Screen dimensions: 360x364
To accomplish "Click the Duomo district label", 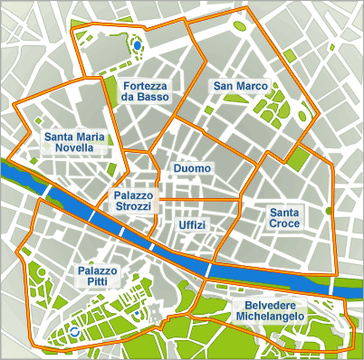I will click(192, 168).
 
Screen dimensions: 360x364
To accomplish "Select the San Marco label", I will click(239, 86).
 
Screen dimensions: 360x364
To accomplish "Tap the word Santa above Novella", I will click(58, 137).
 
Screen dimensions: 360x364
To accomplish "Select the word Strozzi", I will click(133, 206).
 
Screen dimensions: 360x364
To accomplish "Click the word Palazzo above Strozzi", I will click(133, 194).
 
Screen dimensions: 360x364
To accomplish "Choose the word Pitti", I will click(97, 282).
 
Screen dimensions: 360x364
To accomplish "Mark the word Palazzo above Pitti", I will click(97, 270).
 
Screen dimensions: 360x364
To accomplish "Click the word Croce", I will click(285, 223).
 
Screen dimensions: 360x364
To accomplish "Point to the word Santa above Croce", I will click(285, 212).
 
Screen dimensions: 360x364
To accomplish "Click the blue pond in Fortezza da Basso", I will click(137, 43).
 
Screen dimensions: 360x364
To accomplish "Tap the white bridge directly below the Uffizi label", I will click(208, 269).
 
